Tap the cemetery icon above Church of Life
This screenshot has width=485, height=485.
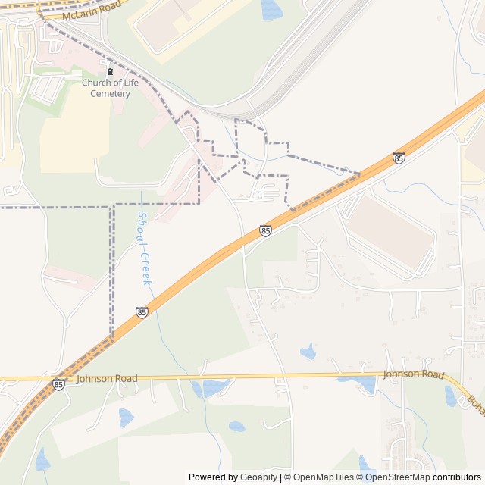(110, 72)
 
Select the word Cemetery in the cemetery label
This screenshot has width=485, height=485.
(110, 94)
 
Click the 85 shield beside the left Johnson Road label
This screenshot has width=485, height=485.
(59, 385)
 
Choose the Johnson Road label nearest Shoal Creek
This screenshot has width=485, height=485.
(107, 378)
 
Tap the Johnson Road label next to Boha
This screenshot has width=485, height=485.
(413, 374)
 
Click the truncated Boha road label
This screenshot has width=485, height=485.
(475, 402)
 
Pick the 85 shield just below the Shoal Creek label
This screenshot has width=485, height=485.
(142, 312)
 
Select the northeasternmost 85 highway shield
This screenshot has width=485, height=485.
(399, 158)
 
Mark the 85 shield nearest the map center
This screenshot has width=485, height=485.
(264, 230)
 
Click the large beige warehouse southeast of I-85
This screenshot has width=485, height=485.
(390, 231)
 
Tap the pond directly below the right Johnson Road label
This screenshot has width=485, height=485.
(368, 385)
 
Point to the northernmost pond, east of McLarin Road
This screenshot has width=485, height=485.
(271, 9)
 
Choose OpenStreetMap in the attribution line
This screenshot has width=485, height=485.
(397, 477)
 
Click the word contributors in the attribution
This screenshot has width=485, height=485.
(457, 477)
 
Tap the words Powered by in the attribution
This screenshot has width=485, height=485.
(211, 477)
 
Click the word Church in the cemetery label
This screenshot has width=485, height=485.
(97, 83)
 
